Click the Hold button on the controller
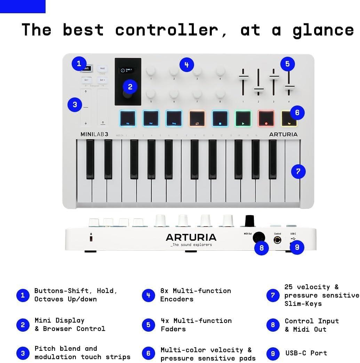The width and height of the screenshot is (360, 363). coord(102,69)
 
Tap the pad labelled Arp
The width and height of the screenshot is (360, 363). coord(128,118)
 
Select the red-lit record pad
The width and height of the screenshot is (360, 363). coord(266,118)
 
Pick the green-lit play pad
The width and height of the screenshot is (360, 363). coord(243,118)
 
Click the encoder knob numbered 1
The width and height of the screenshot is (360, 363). coord(151,71)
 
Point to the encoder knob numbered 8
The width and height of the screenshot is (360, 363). coord(220,94)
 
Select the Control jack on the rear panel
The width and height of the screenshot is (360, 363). coord(277,240)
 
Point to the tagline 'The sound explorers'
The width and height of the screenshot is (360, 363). coord(191,245)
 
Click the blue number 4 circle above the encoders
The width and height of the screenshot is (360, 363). coord(187,65)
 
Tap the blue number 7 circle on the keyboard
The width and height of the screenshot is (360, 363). coord(298,171)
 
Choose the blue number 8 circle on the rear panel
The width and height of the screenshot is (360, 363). coord(262,248)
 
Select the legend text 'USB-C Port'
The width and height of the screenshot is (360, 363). coord(306,353)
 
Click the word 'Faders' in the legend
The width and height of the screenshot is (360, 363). coord(173,329)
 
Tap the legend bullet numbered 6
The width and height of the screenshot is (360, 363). coord(149,354)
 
